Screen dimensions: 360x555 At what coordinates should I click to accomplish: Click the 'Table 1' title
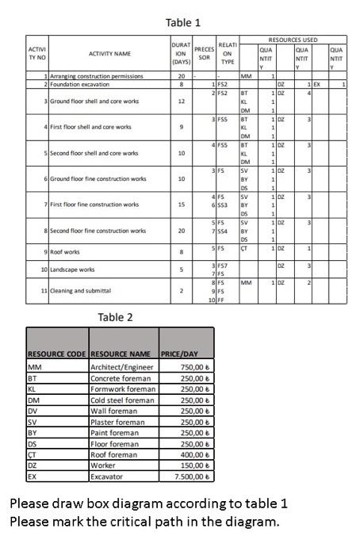pos(183,22)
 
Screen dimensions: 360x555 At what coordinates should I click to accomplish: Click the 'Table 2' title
pos(116,317)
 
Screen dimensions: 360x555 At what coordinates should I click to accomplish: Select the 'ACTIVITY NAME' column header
pos(109,53)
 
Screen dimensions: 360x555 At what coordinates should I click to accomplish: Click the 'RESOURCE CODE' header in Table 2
pos(56,354)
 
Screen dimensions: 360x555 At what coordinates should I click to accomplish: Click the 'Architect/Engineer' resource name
pos(123,367)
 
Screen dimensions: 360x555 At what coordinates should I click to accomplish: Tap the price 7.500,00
pos(184,477)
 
